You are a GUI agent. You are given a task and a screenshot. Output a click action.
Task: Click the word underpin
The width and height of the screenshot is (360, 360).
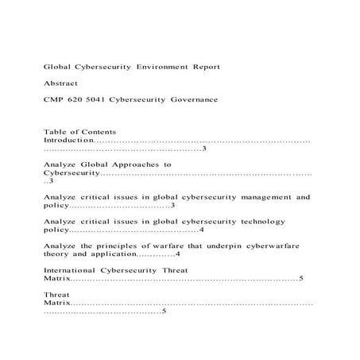pyautogui.click(x=225, y=246)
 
